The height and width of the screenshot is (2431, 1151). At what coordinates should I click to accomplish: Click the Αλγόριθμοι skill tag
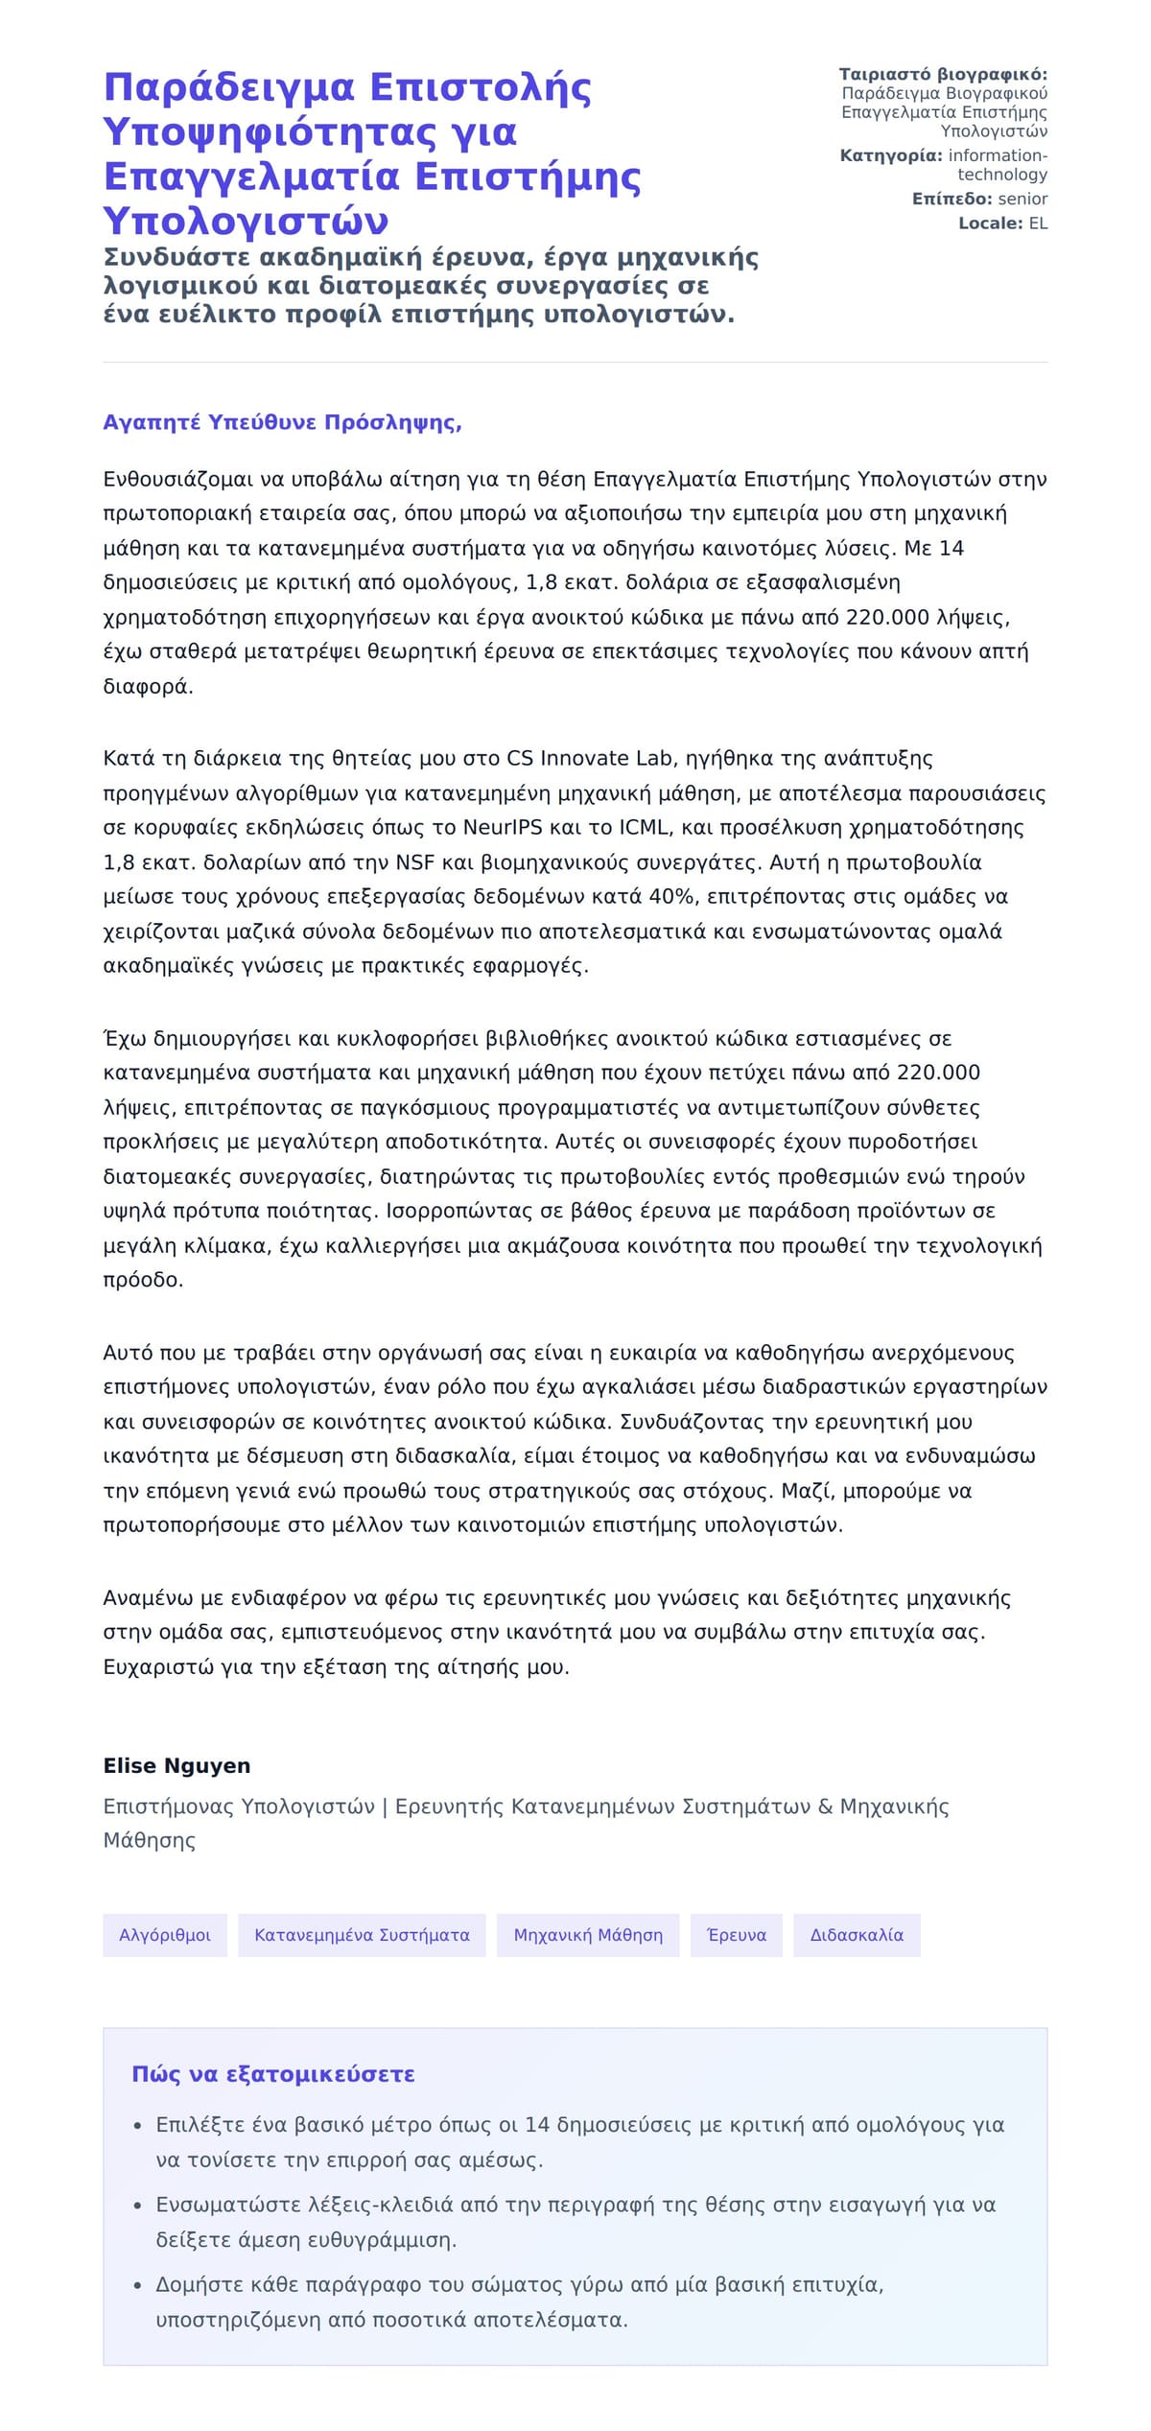(x=165, y=1935)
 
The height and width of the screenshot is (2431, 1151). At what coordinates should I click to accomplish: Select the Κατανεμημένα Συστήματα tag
(x=362, y=1935)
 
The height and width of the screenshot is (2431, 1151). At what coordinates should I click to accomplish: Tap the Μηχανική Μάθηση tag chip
(x=588, y=1935)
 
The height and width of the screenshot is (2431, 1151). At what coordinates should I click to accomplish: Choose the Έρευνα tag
(x=737, y=1935)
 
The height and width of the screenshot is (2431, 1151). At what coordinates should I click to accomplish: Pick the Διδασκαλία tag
(x=857, y=1935)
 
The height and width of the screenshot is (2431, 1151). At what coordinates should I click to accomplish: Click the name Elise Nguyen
(x=176, y=1765)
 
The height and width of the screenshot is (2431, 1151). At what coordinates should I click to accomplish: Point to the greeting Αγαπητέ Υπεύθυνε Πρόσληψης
(x=282, y=423)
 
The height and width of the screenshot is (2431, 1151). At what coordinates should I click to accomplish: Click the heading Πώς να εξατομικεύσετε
(x=273, y=2074)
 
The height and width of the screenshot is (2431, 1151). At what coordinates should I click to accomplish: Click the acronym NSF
(x=415, y=861)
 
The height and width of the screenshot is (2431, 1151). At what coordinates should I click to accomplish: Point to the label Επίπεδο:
(x=951, y=199)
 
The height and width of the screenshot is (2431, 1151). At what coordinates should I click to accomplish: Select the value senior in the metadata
(x=1022, y=199)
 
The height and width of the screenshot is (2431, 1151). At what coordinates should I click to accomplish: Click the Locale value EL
(x=1038, y=224)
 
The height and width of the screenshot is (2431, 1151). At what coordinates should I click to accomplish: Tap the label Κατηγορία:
(x=891, y=155)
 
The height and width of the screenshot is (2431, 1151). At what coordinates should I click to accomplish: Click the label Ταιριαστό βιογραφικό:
(x=943, y=75)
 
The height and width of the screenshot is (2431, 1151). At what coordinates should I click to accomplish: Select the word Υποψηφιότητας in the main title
(x=310, y=131)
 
